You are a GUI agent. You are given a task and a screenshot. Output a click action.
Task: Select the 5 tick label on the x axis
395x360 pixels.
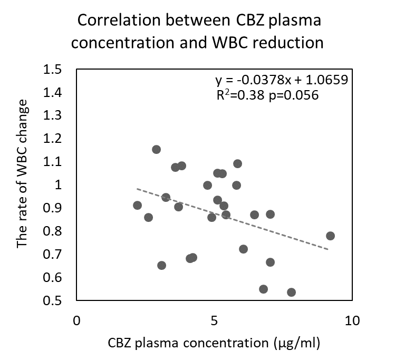[214, 320]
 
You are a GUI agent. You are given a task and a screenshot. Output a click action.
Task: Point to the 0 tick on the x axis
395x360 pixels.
[77, 320]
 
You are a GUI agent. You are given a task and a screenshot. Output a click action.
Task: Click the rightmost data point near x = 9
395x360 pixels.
[330, 236]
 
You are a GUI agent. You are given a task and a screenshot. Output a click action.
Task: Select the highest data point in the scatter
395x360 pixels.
[156, 149]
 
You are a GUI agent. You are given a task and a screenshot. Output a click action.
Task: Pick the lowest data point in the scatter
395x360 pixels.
[291, 292]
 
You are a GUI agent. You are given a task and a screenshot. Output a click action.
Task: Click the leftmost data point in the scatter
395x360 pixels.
[137, 205]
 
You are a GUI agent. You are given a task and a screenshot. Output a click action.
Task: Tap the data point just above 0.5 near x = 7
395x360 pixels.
[263, 289]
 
